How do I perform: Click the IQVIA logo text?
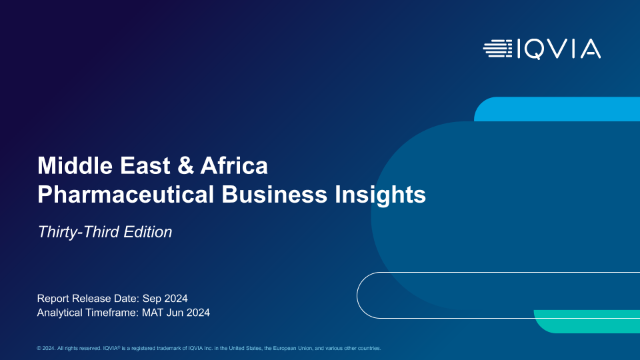click(x=559, y=49)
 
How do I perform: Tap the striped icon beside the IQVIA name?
click(x=497, y=49)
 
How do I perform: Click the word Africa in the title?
click(x=234, y=166)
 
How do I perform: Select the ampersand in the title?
click(x=186, y=166)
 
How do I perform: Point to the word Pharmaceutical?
click(x=126, y=194)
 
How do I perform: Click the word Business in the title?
click(x=274, y=194)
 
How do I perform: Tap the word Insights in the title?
click(x=381, y=195)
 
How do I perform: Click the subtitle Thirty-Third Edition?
click(x=105, y=232)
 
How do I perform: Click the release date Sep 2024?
click(x=165, y=299)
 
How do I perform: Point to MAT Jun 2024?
click(x=176, y=313)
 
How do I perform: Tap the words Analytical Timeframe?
click(x=88, y=313)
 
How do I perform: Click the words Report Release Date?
click(x=88, y=299)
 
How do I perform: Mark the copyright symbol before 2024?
click(x=39, y=348)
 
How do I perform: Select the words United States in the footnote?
click(x=245, y=348)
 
